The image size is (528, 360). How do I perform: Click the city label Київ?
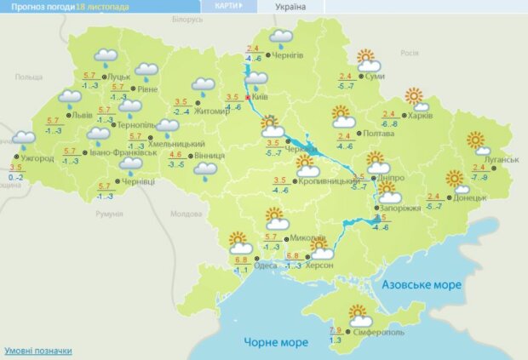click(261, 98)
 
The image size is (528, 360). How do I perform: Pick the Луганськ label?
click(501, 159)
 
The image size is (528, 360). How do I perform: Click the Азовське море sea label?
click(422, 284)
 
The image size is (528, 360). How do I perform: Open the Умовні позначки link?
click(38, 351)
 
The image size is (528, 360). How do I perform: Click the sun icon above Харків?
click(415, 97)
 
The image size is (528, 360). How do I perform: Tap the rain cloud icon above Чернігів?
click(280, 37)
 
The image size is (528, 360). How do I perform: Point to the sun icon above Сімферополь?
click(359, 312)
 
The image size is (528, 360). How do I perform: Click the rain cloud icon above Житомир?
click(203, 85)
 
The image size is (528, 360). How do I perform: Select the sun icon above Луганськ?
click(475, 141)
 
